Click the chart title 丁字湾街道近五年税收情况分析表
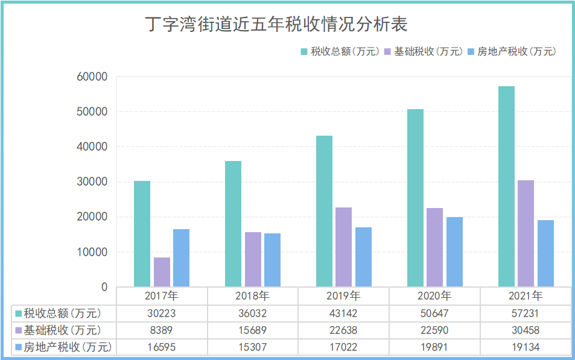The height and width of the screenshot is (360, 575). coord(276,25)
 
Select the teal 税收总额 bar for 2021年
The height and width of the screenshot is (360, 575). coord(506,186)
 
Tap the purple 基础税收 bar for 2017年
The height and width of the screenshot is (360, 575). coord(162,272)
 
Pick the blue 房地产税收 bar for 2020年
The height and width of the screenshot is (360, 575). coord(454,251)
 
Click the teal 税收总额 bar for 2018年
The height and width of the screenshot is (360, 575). coord(233,224)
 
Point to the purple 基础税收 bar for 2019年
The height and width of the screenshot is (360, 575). coord(343,247)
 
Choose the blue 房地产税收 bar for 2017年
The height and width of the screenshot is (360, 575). coord(181,257)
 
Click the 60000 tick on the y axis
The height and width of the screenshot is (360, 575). coord(92,77)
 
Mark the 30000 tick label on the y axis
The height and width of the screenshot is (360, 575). coord(92,182)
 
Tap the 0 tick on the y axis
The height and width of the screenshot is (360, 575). coord(104,288)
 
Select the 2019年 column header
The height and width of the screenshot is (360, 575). coord(343,296)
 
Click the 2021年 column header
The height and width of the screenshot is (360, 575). coord(526,296)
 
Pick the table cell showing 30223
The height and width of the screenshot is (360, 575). coord(161,314)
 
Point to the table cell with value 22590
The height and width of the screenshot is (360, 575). coord(434,330)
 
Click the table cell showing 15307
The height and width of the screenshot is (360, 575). coord(252,347)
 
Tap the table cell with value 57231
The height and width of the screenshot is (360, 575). coord(526,314)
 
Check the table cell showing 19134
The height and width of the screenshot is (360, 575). coord(526,347)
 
